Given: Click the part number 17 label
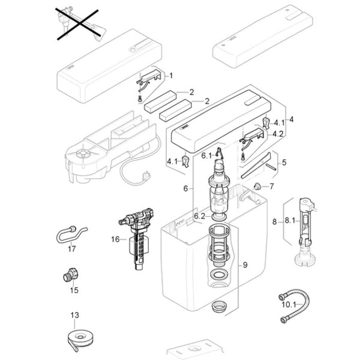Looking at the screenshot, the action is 71,248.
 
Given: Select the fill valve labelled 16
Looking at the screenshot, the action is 137,239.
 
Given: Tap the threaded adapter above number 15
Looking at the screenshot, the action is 71,274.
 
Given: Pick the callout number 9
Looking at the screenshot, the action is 245,265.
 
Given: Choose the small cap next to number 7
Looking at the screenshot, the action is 257,186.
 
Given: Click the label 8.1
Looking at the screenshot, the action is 290,221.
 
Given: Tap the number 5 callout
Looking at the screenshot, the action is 284,163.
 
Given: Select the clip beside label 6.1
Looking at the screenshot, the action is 220,152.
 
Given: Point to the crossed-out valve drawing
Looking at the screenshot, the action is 79,25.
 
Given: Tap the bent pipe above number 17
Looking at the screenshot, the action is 71,234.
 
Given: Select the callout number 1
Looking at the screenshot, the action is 171,76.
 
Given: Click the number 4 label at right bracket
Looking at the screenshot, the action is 292,119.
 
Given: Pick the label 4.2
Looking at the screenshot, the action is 278,134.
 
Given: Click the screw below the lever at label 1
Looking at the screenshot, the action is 140,99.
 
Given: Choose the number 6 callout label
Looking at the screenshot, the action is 185,188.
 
